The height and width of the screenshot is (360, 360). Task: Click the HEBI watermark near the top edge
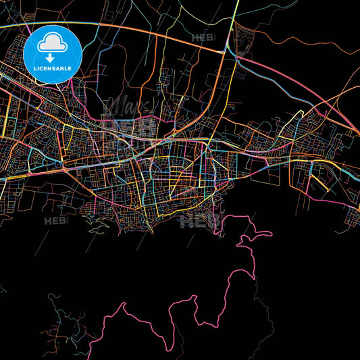203,38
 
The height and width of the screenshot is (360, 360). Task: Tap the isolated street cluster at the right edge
353,215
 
